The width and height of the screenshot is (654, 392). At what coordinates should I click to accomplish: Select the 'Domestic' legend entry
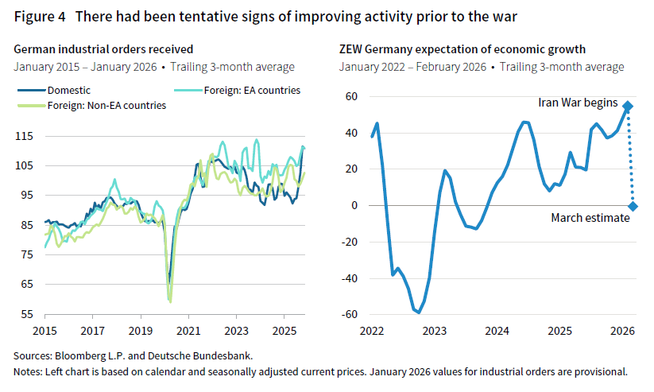click(68, 90)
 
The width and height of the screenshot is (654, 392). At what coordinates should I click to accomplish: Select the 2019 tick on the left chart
click(140, 329)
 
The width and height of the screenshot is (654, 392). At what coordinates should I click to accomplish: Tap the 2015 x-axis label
click(44, 329)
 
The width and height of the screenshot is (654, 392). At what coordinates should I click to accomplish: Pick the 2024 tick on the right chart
click(497, 329)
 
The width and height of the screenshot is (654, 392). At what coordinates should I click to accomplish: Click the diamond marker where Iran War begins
click(629, 106)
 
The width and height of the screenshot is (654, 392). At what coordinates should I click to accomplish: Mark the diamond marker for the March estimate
click(633, 206)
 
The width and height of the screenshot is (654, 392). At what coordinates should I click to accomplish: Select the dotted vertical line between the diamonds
click(631, 156)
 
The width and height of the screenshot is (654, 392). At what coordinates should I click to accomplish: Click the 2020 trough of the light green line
click(170, 301)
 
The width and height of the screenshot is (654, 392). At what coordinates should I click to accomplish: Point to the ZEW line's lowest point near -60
click(419, 312)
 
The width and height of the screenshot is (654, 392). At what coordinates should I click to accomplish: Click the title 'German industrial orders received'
click(103, 49)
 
